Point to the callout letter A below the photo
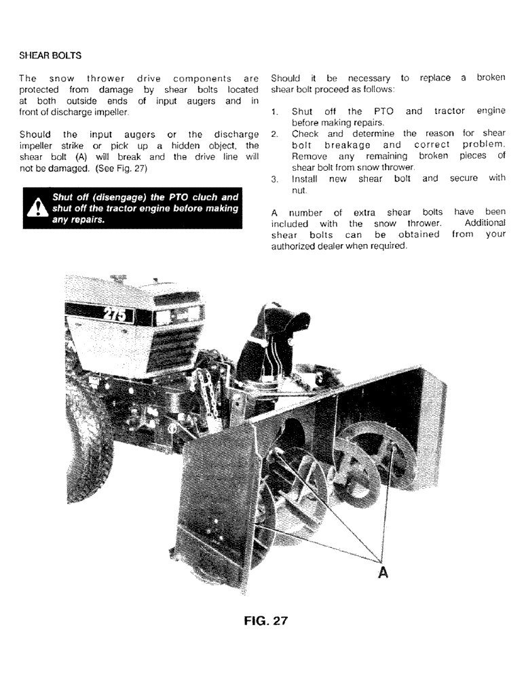(x=383, y=573)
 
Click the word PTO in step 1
(x=375, y=111)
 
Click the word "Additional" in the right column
(x=485, y=223)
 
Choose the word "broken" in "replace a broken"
(x=490, y=78)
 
